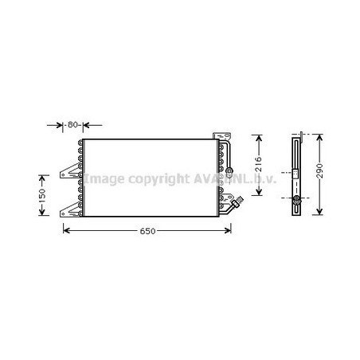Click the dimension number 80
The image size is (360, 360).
[x=72, y=125]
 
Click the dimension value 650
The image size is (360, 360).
[x=144, y=231]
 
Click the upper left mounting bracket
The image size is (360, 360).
[x=70, y=170]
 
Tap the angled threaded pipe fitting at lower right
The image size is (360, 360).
[x=233, y=208]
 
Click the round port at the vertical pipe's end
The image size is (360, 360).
[x=229, y=170]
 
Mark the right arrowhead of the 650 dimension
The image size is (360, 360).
[x=231, y=231]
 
